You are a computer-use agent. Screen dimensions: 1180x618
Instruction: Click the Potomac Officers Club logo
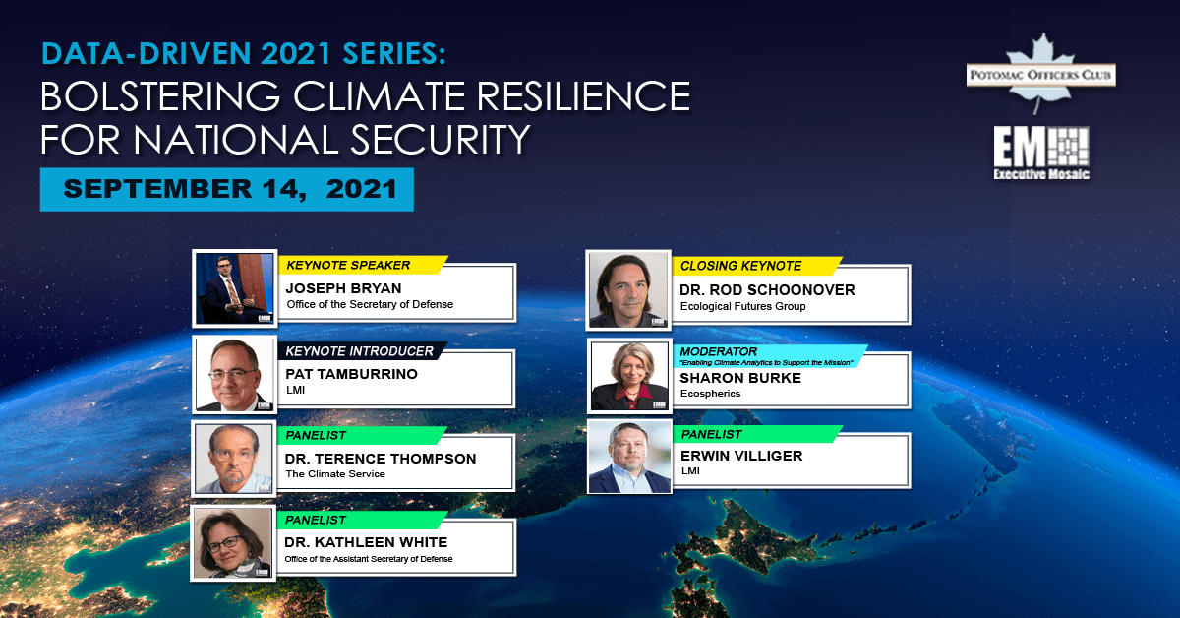1041,74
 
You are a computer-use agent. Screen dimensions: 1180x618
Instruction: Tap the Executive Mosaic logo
1041,153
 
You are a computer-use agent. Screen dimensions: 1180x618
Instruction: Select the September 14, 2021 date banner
227,189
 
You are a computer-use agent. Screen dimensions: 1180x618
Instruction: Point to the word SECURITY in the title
440,139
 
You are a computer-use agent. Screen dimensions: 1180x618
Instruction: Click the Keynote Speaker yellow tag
363,265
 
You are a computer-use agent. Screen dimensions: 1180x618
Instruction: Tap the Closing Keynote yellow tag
757,266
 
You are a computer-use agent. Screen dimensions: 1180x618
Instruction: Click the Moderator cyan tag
770,356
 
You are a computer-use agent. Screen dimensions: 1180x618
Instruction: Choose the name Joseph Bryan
343,288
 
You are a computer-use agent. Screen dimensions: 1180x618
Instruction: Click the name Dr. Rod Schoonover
767,290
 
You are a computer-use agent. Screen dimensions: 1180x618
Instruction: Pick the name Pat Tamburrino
351,374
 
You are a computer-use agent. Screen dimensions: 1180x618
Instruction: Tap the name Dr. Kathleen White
366,542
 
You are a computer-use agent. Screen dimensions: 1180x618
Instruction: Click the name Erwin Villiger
741,456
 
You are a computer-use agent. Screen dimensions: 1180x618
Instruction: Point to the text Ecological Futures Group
742,306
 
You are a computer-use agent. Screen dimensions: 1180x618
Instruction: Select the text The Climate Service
335,474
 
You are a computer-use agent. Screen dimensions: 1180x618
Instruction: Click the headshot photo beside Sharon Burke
629,376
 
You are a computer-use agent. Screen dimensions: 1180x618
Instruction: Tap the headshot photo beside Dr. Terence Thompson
234,459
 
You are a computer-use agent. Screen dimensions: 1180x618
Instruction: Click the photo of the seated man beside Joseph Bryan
234,288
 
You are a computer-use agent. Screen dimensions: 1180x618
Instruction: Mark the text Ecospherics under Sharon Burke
710,394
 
